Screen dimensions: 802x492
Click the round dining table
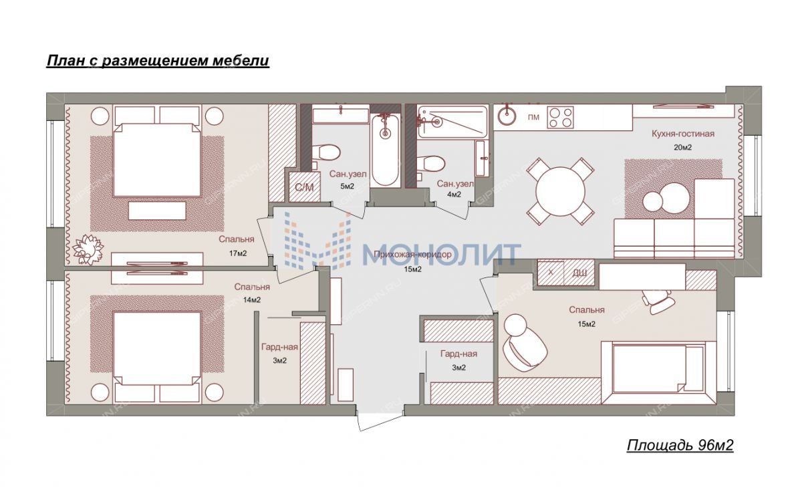(x=560, y=191)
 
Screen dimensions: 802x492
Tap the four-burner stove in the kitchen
(x=560, y=118)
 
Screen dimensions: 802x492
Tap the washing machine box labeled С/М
(x=304, y=187)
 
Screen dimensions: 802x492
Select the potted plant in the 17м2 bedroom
(x=88, y=249)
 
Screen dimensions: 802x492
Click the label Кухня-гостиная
(x=683, y=134)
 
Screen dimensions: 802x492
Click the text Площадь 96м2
(x=680, y=445)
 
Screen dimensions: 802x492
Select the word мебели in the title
(x=241, y=61)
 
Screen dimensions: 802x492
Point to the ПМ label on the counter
(x=533, y=117)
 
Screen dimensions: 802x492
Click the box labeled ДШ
(x=579, y=273)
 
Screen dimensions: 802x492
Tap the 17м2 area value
(x=238, y=253)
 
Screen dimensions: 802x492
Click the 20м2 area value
(x=683, y=147)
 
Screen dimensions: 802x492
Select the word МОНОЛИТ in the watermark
(x=442, y=254)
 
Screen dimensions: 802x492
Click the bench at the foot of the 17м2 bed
(x=158, y=211)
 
